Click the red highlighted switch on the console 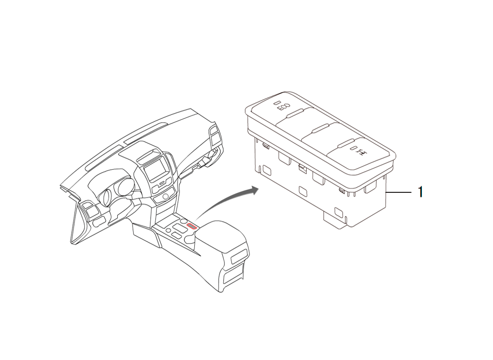(192, 226)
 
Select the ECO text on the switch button (283, 107)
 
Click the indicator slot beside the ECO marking (276, 103)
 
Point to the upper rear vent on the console (238, 258)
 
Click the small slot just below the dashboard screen (161, 183)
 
